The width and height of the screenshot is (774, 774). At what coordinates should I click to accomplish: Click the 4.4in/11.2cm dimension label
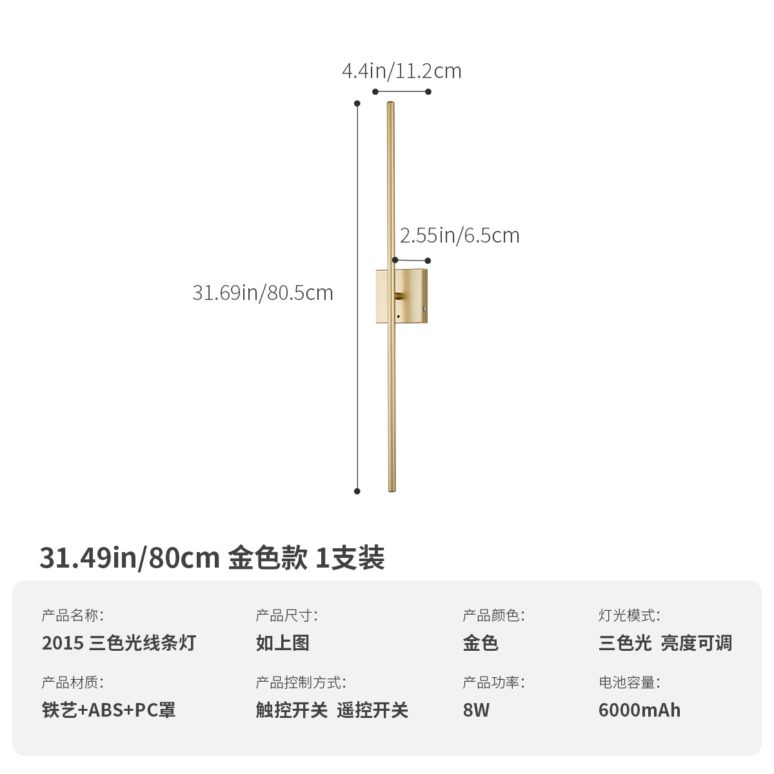point(401,70)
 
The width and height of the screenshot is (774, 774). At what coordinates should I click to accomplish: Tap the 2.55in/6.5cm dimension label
point(459,235)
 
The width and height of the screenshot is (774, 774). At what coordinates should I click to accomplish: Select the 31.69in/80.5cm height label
point(263,293)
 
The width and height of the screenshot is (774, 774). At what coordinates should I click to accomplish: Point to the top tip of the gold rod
point(390,104)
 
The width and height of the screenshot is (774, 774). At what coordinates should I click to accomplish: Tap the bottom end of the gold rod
point(392,490)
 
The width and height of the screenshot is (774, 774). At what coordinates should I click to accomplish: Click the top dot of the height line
point(357,103)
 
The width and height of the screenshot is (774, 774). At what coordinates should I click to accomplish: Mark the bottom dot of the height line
point(357,491)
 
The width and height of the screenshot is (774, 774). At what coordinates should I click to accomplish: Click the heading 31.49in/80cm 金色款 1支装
point(212,558)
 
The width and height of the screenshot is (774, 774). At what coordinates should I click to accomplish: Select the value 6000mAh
point(639,710)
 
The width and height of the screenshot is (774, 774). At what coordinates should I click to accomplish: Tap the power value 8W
point(476,710)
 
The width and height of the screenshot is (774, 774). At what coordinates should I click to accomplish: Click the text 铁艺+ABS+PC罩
point(109,710)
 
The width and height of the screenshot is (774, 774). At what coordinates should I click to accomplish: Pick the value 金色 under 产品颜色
point(481,643)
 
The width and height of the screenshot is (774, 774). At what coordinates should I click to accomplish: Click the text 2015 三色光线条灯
point(119,643)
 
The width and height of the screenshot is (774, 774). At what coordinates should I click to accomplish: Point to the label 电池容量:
point(629,682)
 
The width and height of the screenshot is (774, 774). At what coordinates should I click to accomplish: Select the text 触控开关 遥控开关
point(332,710)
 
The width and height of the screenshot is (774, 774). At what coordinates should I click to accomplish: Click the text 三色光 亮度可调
point(665,643)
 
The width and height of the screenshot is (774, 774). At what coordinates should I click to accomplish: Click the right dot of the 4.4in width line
point(428,92)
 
